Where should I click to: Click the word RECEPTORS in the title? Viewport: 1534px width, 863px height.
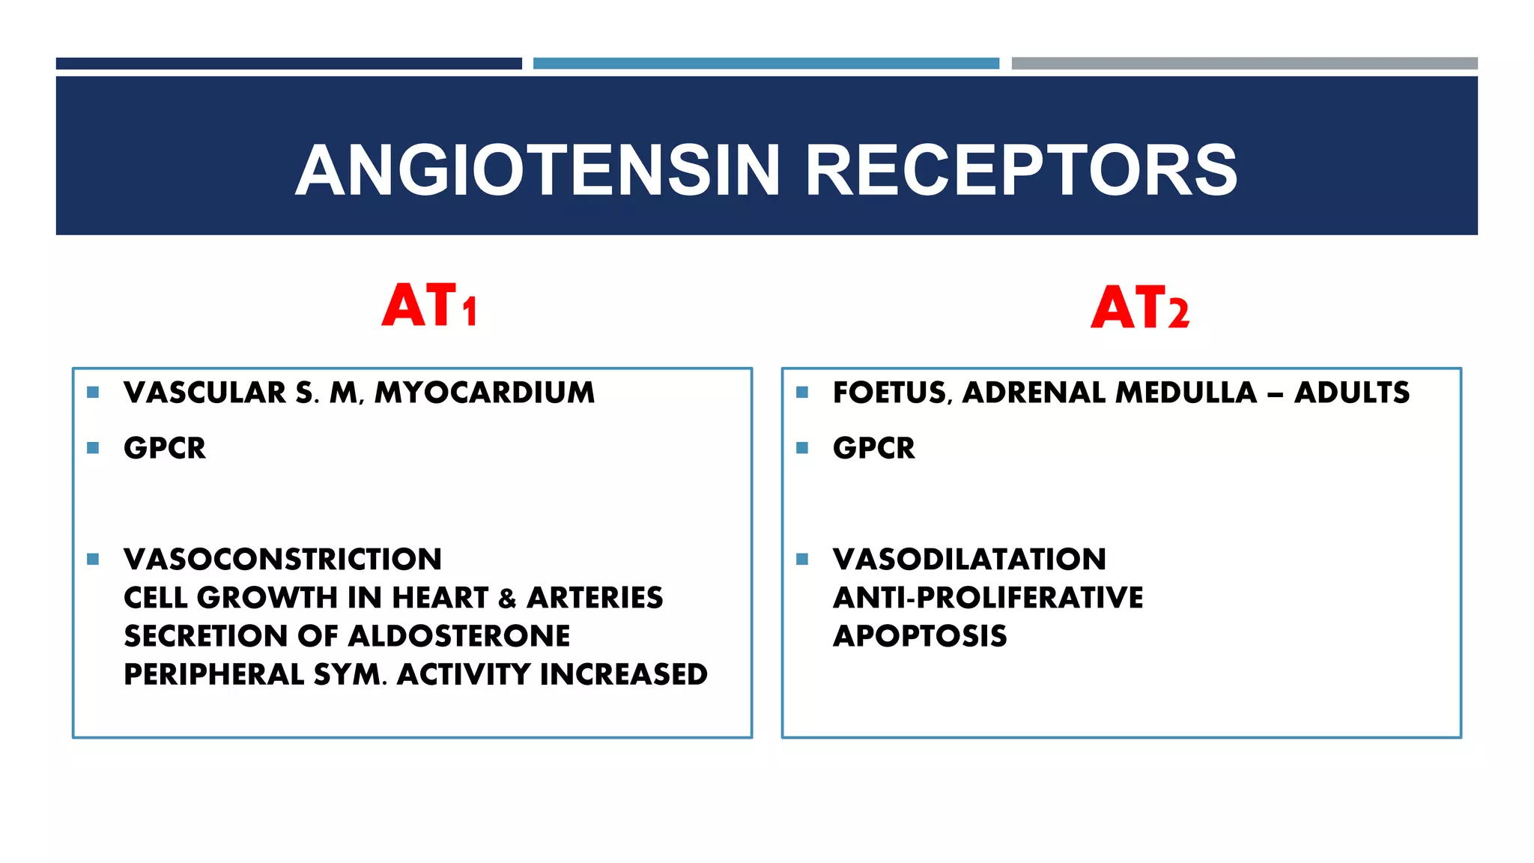[x=1020, y=171]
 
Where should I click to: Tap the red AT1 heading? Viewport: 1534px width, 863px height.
[x=429, y=306]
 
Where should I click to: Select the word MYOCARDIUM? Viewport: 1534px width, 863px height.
[x=485, y=393]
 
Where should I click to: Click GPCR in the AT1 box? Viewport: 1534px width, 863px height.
[x=165, y=448]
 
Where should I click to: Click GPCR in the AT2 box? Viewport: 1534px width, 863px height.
[x=873, y=448]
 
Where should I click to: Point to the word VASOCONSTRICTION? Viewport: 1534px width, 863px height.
[x=282, y=559]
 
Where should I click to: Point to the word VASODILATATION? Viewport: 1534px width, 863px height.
[x=969, y=559]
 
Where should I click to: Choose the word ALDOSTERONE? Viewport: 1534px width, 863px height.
[x=459, y=636]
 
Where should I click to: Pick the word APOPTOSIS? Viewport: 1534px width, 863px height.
[x=920, y=636]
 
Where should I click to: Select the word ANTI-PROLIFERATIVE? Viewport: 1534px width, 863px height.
[x=988, y=598]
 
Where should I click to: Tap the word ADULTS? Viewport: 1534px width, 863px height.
[x=1351, y=393]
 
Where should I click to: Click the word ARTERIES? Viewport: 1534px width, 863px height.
[x=595, y=598]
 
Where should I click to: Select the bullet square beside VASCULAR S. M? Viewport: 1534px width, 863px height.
[x=93, y=392]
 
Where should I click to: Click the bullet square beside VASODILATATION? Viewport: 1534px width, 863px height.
[x=802, y=559]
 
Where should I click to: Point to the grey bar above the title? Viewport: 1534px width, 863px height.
[x=1244, y=64]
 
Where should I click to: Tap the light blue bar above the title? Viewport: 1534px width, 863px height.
[x=766, y=64]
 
